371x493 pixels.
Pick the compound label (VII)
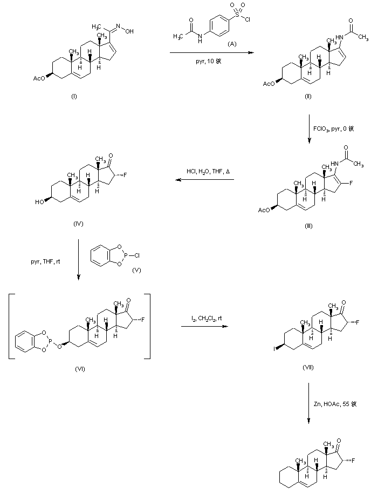[308, 367]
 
